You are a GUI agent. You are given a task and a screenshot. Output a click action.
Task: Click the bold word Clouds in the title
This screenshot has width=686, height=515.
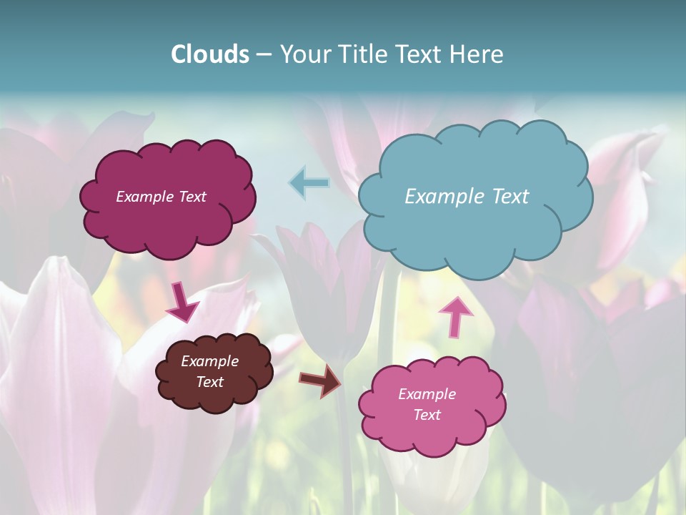[210, 54]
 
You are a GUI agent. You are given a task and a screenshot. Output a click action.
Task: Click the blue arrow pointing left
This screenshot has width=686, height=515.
[309, 182]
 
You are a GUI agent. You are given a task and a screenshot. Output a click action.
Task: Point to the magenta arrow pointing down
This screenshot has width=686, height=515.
[182, 302]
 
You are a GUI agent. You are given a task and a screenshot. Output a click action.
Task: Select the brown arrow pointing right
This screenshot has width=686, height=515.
[321, 381]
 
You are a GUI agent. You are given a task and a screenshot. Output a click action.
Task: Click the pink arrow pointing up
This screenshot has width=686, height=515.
[455, 315]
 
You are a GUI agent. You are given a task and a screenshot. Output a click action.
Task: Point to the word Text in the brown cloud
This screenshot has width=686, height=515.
[210, 382]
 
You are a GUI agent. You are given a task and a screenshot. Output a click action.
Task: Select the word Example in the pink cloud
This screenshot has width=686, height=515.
[427, 394]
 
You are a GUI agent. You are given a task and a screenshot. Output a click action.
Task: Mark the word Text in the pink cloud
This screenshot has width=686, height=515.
[427, 415]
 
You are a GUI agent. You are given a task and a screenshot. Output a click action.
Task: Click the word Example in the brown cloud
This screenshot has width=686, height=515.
[210, 361]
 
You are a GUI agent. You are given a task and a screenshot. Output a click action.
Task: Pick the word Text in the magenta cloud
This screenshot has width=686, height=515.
[192, 197]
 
